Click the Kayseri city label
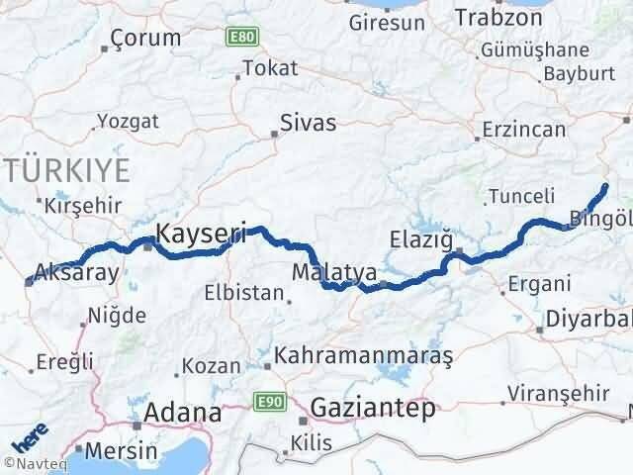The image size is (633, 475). [x=201, y=235]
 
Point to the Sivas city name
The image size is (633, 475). [x=308, y=124]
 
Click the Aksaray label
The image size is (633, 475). [x=76, y=272]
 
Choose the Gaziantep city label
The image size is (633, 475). [x=372, y=408]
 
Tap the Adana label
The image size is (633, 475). [x=183, y=412]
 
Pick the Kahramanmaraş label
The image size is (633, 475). [x=364, y=354]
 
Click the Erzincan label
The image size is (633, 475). [x=524, y=129]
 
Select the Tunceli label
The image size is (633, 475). [x=523, y=196]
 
